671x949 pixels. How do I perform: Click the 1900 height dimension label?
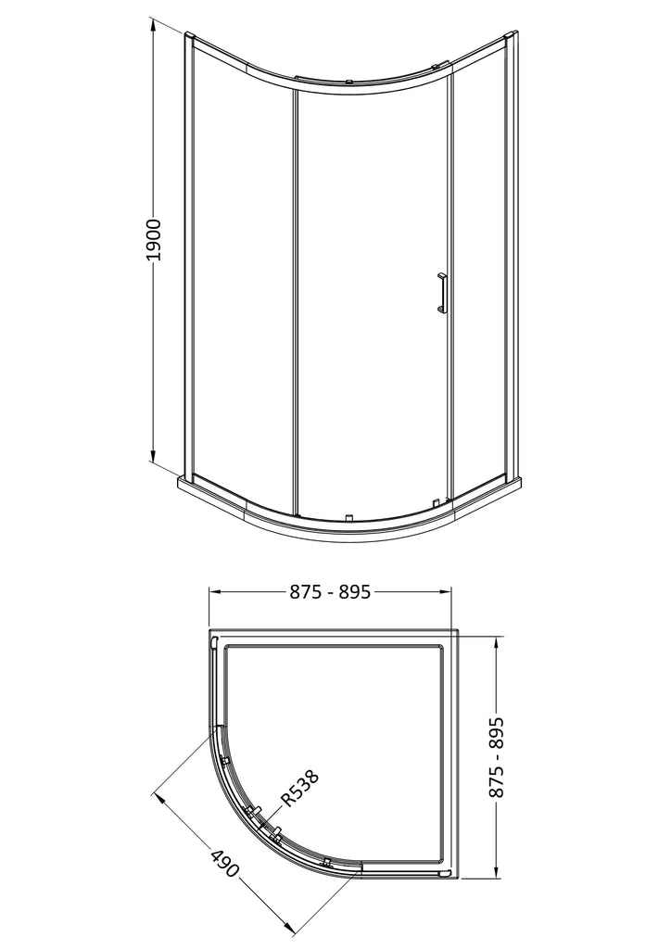pos(154,240)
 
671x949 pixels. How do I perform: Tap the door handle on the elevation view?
pos(442,294)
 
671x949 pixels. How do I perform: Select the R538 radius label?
pos(298,788)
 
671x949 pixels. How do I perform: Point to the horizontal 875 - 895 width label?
pos(329,592)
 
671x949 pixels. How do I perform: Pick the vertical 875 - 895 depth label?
pos(495,756)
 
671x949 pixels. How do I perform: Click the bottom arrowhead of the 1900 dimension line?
pos(154,456)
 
